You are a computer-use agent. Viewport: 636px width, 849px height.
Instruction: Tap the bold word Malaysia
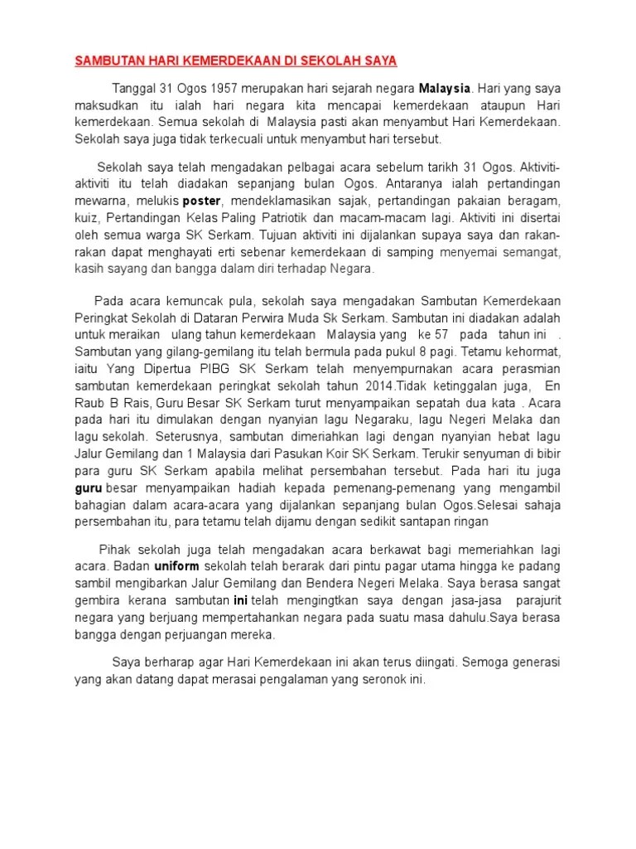445,88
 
